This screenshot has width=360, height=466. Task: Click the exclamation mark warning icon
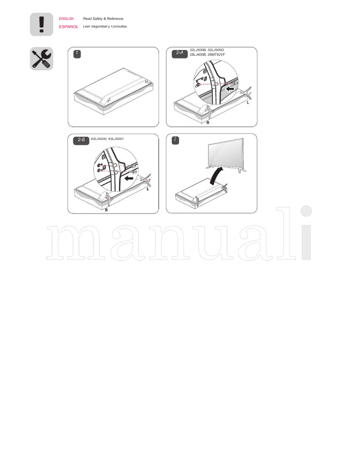[x=41, y=24]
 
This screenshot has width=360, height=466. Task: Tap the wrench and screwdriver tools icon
[x=41, y=58]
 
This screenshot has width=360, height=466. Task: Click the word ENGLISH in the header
[x=67, y=19]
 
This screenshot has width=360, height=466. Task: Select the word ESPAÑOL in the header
[x=68, y=27]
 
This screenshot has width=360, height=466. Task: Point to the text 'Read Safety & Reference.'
[x=103, y=19]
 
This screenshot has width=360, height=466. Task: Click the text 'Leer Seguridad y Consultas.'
[x=105, y=27]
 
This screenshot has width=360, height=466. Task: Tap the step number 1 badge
[x=77, y=54]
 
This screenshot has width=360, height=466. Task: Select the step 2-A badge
[x=180, y=54]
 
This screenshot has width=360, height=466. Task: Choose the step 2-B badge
[x=81, y=140]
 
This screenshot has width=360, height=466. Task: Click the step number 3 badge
[x=175, y=140]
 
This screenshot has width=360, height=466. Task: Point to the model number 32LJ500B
[x=198, y=50]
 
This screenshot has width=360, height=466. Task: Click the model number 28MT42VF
[x=216, y=54]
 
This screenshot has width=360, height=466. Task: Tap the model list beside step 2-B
[x=107, y=139]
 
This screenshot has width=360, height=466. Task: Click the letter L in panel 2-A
[x=247, y=103]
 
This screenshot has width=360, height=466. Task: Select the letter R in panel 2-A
[x=208, y=123]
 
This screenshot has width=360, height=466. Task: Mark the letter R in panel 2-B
[x=106, y=210]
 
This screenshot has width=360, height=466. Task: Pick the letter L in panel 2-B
[x=148, y=189]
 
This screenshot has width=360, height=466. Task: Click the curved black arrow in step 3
[x=216, y=175]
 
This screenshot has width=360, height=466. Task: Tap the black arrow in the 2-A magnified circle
[x=230, y=89]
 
